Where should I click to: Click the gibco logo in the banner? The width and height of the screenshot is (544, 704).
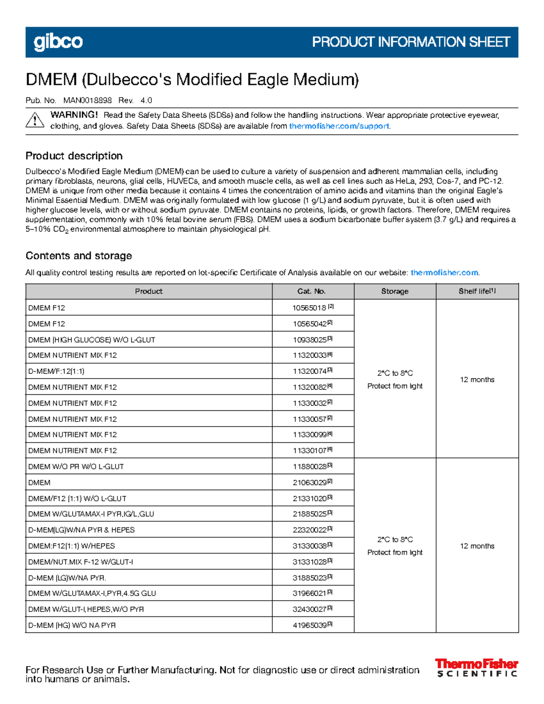point(58,42)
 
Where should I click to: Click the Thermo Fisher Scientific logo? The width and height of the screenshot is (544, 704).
point(476,668)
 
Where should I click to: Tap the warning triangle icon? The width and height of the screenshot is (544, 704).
point(35,121)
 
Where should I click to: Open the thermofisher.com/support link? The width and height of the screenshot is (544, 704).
point(339,126)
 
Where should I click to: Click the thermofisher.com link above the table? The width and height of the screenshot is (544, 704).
point(444,272)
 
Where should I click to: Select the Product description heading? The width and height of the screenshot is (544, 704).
point(74,156)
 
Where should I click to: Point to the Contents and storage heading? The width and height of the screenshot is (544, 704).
point(78,256)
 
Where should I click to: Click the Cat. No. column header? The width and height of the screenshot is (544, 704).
point(311,291)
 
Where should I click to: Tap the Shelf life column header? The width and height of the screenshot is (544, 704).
point(477,291)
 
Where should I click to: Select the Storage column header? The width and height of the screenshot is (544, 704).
point(394,291)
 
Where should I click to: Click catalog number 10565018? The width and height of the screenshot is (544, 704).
point(309,308)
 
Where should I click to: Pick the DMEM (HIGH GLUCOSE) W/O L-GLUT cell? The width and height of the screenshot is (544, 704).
point(92,340)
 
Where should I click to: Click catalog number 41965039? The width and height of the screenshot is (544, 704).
point(310,625)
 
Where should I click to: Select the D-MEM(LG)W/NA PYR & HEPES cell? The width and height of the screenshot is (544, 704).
point(82,530)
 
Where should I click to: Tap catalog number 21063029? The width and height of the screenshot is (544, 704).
point(310,482)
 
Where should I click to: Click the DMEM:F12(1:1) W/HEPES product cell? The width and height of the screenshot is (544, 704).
point(72,546)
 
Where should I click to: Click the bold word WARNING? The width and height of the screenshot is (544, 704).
point(74,115)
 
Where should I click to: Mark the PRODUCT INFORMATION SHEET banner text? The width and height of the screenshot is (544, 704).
point(411,42)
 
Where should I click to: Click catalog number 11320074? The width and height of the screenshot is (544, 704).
point(310,371)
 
